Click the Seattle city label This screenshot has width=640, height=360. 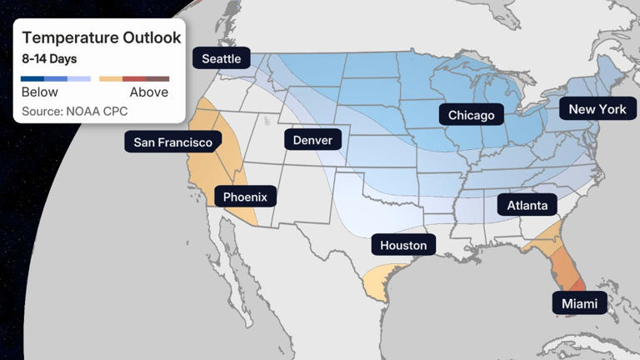[222, 58]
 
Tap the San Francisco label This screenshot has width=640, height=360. [173, 142]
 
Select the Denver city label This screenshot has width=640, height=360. [312, 139]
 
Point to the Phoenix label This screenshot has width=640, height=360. [246, 197]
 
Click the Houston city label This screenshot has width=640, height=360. [403, 245]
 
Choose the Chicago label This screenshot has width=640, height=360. [471, 115]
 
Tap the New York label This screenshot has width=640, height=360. [597, 109]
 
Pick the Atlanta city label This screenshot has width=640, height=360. [527, 205]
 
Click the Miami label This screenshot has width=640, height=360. [579, 303]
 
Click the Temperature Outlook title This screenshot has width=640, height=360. [101, 37]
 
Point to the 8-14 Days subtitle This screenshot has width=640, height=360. [49, 59]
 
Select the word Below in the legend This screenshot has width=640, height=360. [39, 92]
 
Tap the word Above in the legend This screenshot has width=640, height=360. [149, 92]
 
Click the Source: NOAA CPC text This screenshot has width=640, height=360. [73, 111]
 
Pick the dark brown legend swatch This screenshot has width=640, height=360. [157, 78]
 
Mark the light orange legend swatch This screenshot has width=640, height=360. [111, 78]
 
